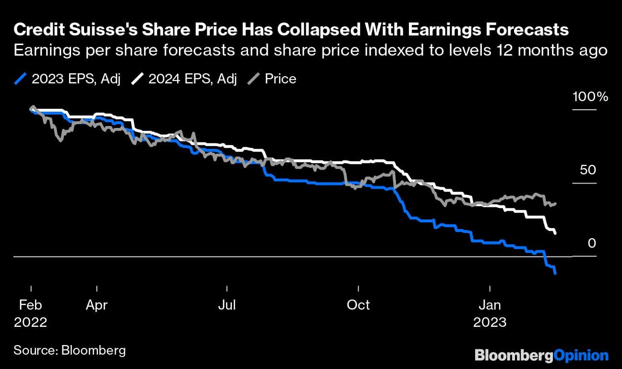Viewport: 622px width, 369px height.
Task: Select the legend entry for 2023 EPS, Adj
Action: pyautogui.click(x=67, y=79)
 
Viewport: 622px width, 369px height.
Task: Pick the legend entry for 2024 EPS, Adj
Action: pyautogui.click(x=184, y=79)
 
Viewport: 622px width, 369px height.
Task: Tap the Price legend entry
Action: pyautogui.click(x=274, y=79)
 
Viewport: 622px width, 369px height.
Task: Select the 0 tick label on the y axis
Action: pyautogui.click(x=591, y=243)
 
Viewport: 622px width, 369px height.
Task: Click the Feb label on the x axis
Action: pyautogui.click(x=31, y=305)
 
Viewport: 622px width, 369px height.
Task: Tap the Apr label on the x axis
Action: pyautogui.click(x=96, y=305)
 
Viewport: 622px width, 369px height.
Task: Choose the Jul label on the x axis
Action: pyautogui.click(x=227, y=305)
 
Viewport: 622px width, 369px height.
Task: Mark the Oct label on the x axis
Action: pyautogui.click(x=359, y=305)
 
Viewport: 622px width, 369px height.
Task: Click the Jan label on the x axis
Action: pyautogui.click(x=490, y=305)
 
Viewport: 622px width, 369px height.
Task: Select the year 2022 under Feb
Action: pyautogui.click(x=31, y=322)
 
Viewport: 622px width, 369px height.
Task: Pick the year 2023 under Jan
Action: pyautogui.click(x=490, y=322)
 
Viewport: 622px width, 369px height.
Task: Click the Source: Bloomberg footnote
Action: pyautogui.click(x=70, y=350)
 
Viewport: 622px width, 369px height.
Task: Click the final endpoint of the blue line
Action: pyautogui.click(x=555, y=274)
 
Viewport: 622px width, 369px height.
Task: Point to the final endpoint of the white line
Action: pyautogui.click(x=555, y=233)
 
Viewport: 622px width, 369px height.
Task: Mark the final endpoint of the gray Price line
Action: pyautogui.click(x=555, y=204)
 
